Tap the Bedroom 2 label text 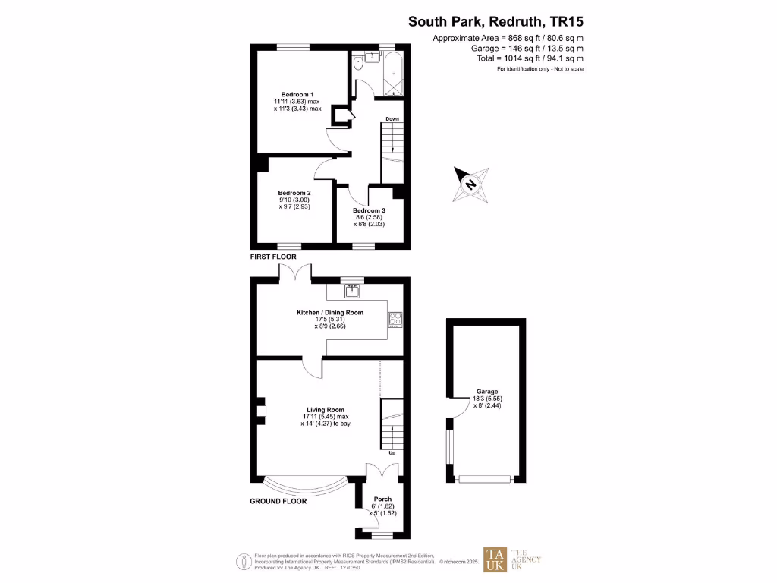[x=294, y=193]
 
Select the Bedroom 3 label [x=369, y=210]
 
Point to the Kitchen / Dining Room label [x=329, y=312]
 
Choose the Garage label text [x=487, y=392]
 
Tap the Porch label [x=382, y=499]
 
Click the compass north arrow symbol [x=470, y=184]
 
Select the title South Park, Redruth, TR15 [x=496, y=22]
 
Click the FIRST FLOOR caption [x=273, y=257]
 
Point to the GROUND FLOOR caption [x=278, y=501]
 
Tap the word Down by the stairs [x=392, y=119]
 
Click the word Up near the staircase [x=392, y=453]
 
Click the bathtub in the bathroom [x=393, y=74]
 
